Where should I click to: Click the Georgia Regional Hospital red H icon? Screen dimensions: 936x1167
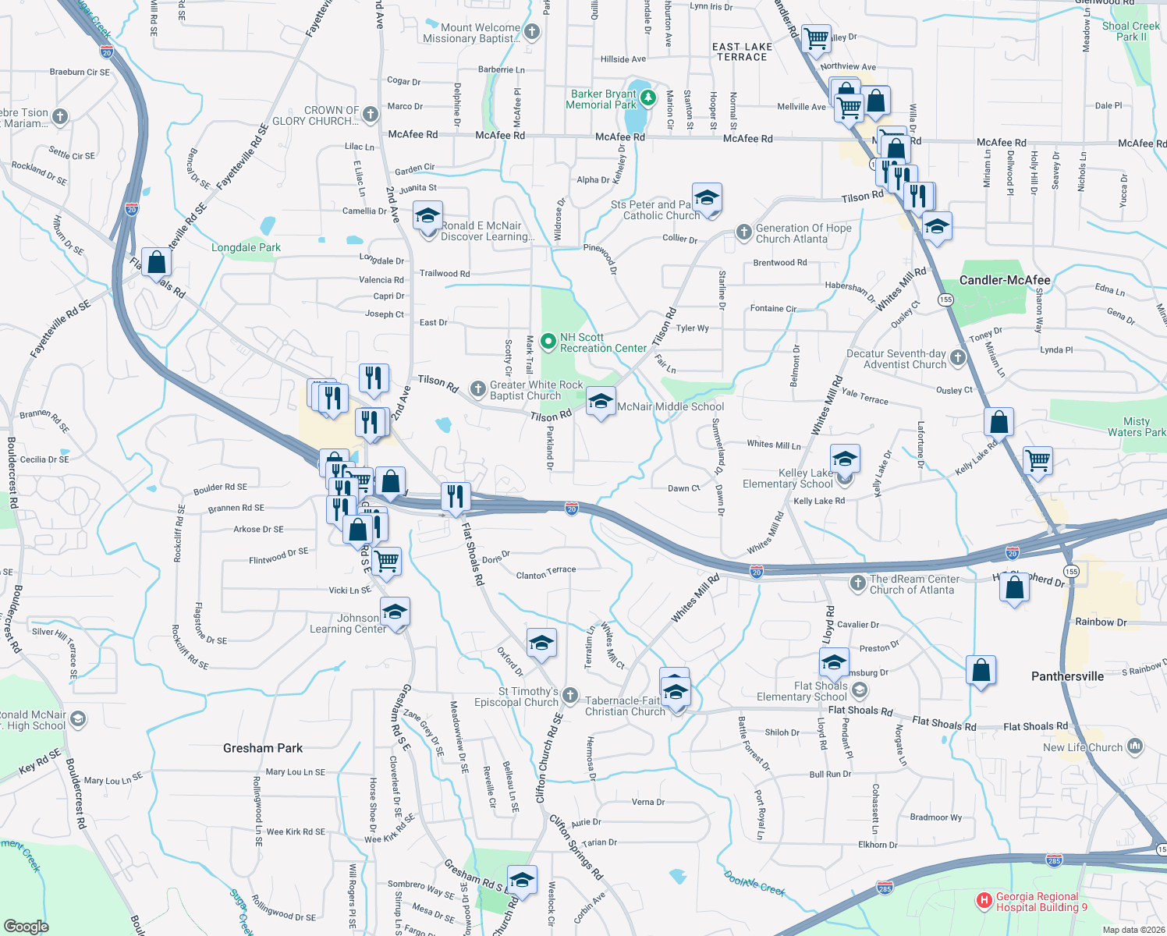(984, 902)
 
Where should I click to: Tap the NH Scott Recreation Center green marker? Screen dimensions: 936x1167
(548, 342)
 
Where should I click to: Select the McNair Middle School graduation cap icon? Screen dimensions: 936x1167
(600, 402)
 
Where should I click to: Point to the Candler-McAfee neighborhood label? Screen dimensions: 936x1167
(1004, 280)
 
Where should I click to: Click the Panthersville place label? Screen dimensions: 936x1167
(1067, 676)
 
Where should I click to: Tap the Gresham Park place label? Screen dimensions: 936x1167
(263, 748)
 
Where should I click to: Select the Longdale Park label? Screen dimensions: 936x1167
(246, 247)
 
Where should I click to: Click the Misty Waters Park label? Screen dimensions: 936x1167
(1137, 427)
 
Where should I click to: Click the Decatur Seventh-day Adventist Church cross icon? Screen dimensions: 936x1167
(958, 358)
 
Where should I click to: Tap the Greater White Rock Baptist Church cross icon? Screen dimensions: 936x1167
(477, 388)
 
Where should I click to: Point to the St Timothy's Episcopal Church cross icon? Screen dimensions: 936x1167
(570, 695)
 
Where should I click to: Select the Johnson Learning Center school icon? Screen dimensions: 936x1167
(395, 612)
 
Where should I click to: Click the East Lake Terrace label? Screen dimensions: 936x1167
(742, 51)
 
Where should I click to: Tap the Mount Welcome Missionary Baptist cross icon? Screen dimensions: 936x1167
(532, 32)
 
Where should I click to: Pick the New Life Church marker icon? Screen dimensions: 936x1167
(1135, 746)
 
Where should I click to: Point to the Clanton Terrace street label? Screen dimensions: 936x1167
(546, 573)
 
